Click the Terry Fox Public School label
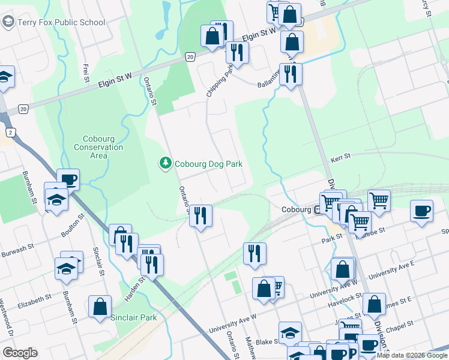pos(61,23)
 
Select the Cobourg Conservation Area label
pos(98,147)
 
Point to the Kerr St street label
pos(340,158)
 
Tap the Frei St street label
pos(86,73)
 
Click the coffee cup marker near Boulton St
pos(68,179)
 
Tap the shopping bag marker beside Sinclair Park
pos(100,306)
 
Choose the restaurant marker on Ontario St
pos(200,214)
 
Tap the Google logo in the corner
pos(20,353)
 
